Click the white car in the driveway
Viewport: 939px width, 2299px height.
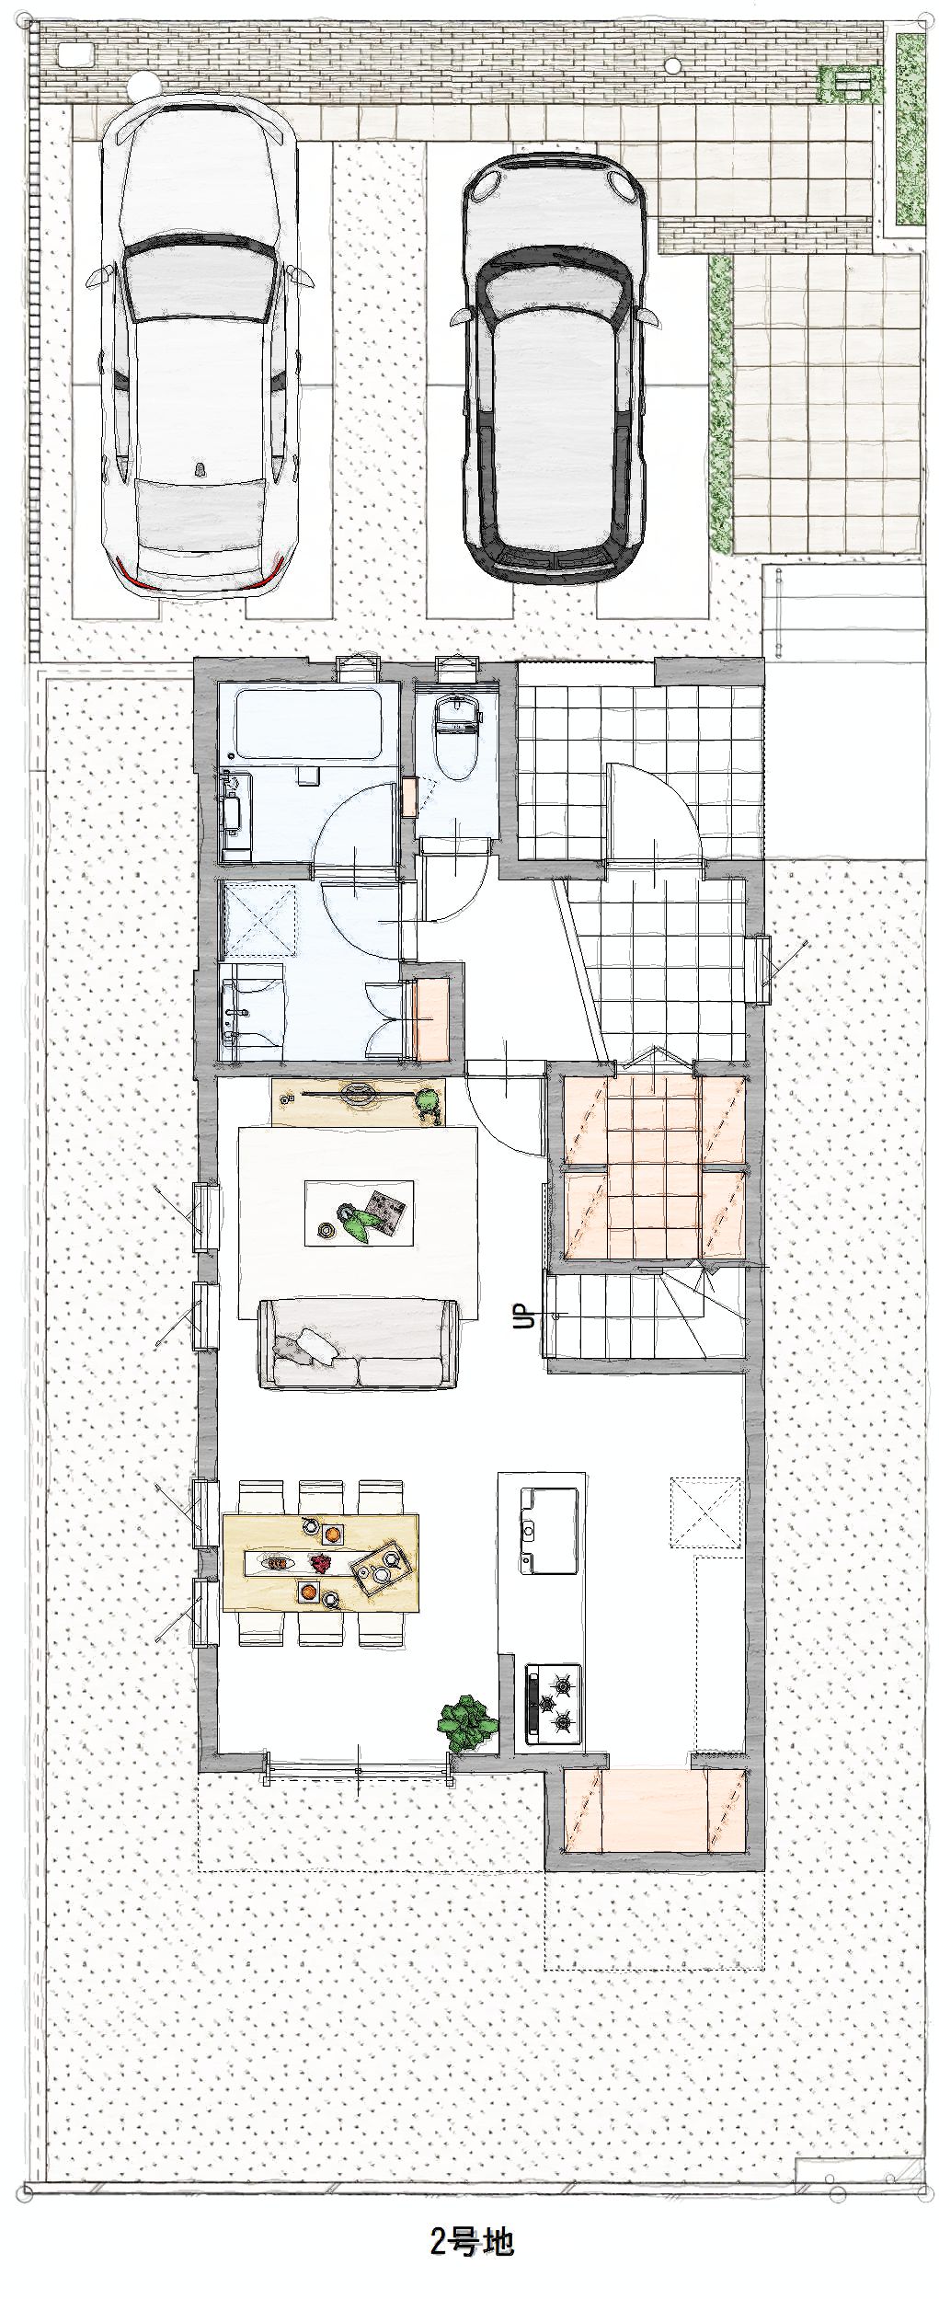coord(197,348)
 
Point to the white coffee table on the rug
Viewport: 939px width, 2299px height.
coord(359,1213)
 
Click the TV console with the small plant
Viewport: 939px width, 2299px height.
coord(359,1101)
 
